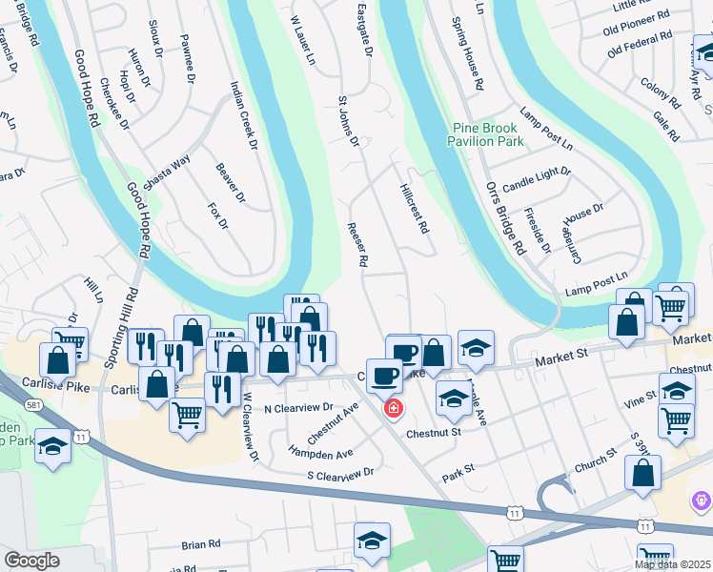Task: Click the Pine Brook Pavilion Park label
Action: pos(486,134)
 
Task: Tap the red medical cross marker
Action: pos(391,409)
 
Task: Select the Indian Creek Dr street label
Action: pos(243,115)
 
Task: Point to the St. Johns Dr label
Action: pos(347,121)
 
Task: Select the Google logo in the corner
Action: pos(31,560)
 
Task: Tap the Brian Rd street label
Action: pos(201,544)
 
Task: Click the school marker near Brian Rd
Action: pos(372,539)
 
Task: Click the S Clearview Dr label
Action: pos(339,473)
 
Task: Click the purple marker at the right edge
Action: pos(703,499)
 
